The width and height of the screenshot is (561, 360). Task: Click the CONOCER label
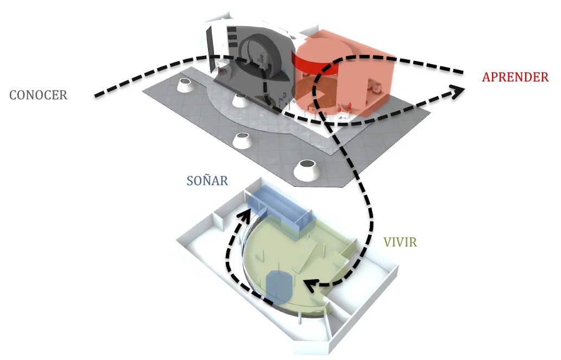click(x=38, y=95)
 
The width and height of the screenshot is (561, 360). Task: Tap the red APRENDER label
click(x=515, y=77)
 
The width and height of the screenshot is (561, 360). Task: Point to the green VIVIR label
click(x=400, y=242)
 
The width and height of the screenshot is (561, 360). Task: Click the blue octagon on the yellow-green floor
click(x=280, y=286)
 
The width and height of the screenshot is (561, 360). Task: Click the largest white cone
click(x=307, y=169)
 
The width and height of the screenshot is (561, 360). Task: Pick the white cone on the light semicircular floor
click(x=240, y=100)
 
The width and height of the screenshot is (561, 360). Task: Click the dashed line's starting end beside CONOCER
click(x=97, y=96)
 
